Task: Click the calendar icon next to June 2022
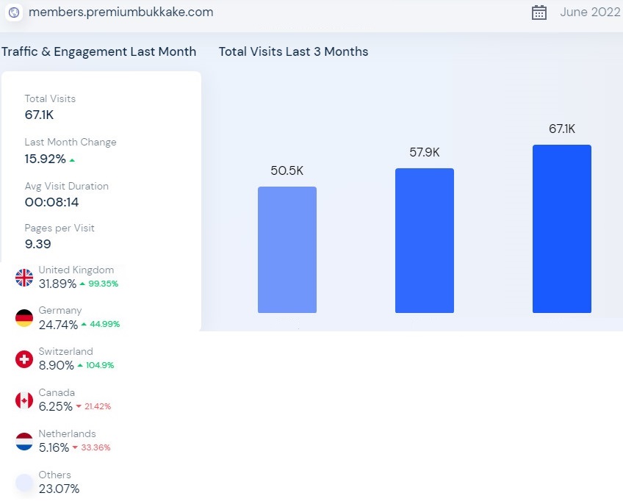[539, 12]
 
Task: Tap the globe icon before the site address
[14, 12]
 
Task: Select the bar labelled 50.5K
[287, 250]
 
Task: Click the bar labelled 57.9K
[425, 241]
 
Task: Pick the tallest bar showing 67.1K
[562, 229]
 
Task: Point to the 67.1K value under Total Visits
[40, 115]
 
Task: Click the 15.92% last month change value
[46, 159]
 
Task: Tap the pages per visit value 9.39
[38, 244]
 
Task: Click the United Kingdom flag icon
[24, 277]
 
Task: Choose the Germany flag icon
[24, 318]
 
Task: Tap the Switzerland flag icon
[24, 359]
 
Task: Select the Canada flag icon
[24, 400]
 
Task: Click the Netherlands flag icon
[24, 442]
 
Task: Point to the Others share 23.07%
[59, 489]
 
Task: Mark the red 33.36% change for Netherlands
[96, 448]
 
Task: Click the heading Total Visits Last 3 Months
[293, 51]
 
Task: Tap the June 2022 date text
[590, 12]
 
